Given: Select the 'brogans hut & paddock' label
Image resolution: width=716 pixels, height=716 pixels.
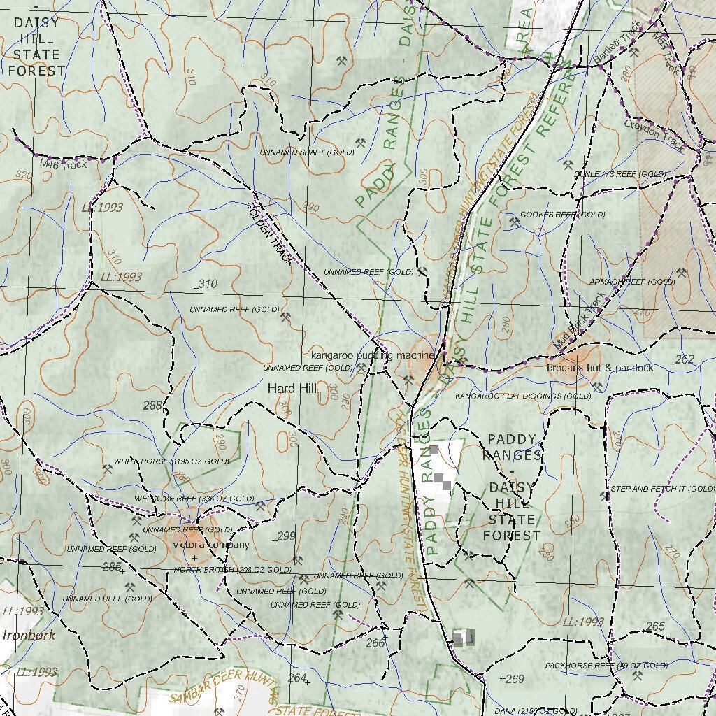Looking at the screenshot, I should point(600,367).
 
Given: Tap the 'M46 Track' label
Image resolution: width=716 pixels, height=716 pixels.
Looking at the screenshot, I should point(63,164).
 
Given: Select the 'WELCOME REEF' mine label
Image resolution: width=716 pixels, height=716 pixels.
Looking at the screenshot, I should point(194,499).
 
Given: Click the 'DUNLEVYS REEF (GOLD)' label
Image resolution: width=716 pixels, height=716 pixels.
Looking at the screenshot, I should point(620,173).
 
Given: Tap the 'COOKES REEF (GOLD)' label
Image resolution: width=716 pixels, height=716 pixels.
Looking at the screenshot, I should point(563,215).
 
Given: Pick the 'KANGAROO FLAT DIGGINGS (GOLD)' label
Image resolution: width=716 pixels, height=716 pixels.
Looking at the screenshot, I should point(523,396).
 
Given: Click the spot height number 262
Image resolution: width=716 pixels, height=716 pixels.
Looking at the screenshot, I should point(685,360).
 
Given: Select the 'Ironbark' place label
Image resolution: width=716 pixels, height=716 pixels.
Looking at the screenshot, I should point(29,636).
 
